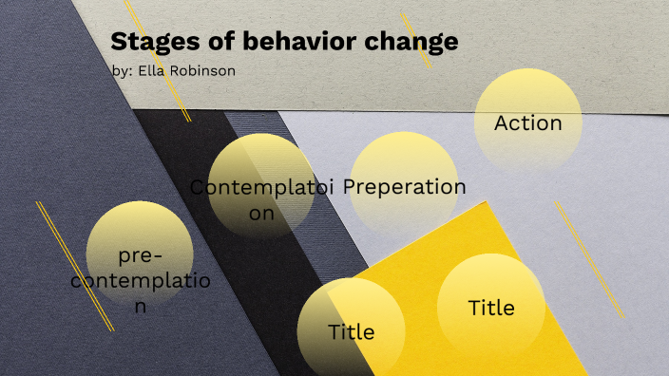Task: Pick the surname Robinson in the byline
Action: [203, 71]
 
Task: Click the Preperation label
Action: [405, 186]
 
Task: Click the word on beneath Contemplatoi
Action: [261, 213]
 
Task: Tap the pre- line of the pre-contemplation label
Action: [141, 256]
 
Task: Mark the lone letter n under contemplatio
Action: [141, 306]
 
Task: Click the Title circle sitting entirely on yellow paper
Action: [490, 307]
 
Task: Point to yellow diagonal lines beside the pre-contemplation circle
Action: [74, 265]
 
